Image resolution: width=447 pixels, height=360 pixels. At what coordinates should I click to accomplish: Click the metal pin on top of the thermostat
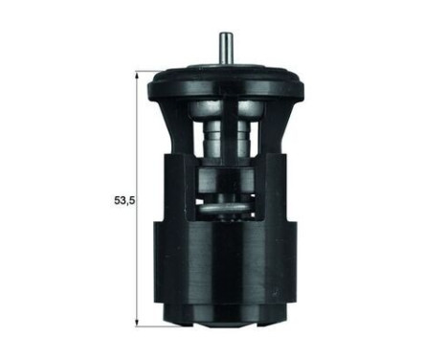point(223,48)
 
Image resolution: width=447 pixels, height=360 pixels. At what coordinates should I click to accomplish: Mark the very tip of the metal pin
point(223,35)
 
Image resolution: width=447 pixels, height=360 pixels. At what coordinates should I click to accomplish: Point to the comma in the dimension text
point(126,204)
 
